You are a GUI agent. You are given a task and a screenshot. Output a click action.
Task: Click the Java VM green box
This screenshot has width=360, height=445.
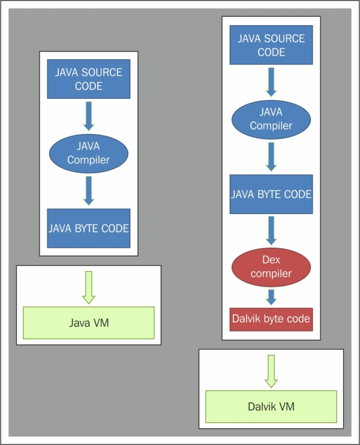89,323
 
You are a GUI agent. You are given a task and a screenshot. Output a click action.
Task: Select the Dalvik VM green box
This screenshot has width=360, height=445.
271,407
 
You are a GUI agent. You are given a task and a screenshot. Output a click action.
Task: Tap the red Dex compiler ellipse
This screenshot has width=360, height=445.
271,267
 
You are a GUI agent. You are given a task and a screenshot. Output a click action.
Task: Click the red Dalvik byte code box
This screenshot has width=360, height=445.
271,319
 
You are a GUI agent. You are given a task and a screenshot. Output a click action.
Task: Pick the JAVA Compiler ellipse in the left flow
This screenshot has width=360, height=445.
89,154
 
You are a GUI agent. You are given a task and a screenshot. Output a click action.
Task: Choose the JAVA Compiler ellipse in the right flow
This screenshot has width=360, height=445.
271,119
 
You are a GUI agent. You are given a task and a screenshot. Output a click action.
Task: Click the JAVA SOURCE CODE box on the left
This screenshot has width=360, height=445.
89,79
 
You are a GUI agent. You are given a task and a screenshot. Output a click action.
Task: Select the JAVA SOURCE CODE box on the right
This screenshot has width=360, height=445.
271,45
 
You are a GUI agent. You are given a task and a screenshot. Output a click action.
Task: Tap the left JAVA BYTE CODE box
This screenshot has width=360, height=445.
89,228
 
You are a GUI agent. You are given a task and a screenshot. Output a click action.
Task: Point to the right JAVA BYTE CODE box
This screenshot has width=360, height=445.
271,194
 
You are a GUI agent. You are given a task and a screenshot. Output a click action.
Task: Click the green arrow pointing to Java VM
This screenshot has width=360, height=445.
89,287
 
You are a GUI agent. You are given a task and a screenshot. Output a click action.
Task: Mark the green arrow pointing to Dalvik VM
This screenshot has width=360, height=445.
271,371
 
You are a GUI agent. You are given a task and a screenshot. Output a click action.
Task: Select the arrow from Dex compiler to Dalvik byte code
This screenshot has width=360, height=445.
271,297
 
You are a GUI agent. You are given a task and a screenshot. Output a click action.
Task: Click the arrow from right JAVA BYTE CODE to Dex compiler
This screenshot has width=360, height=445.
271,230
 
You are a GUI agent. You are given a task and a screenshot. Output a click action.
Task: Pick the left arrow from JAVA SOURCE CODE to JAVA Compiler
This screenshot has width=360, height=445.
89,116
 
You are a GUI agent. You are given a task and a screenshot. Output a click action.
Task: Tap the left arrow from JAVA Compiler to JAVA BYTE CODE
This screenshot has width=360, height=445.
89,191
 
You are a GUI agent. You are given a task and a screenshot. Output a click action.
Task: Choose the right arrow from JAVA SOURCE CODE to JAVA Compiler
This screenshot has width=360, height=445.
271,82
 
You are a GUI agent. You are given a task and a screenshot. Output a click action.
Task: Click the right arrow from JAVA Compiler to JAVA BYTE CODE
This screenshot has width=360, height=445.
271,157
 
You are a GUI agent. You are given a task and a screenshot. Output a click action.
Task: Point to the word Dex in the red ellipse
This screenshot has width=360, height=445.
271,260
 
